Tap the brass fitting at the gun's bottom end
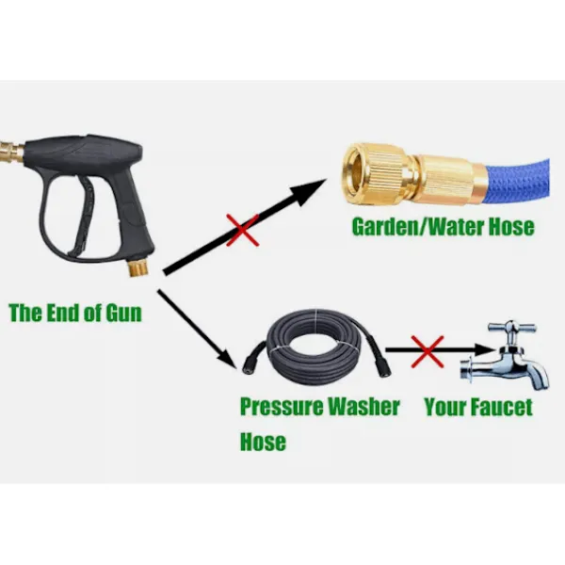pos(139,267)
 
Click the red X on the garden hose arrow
pos(243,231)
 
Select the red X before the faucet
pos(428,351)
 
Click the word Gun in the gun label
pos(123,313)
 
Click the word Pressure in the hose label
pos(281,407)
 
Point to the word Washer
pos(363,407)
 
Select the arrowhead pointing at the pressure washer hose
pos(226,358)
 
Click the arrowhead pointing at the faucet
pos(485,348)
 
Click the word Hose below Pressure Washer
pos(263,442)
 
